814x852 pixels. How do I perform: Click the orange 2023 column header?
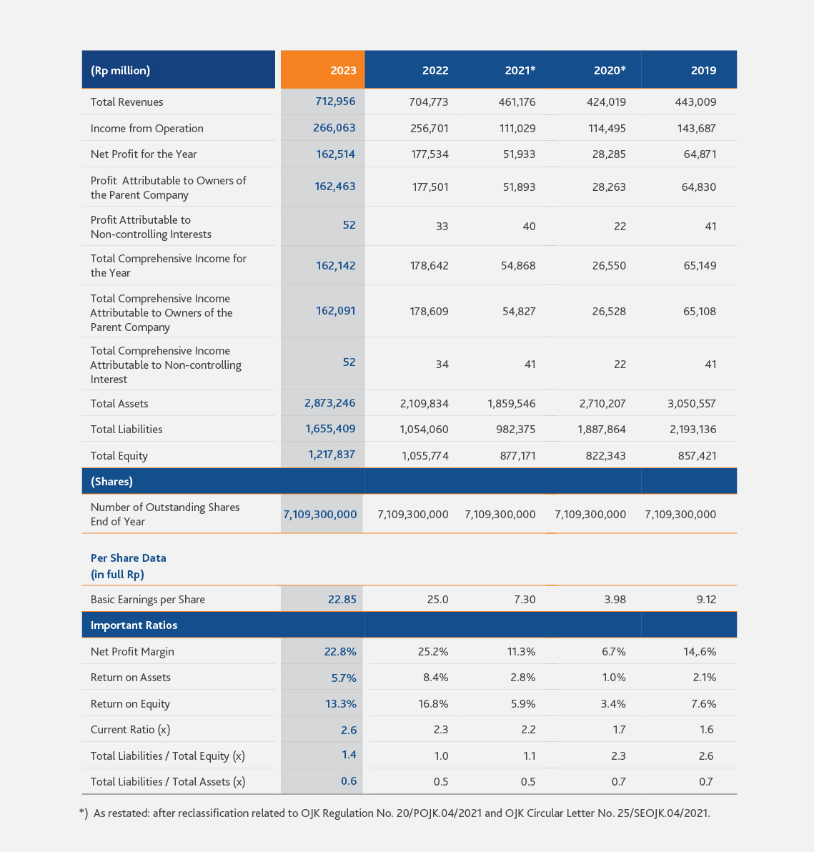click(323, 69)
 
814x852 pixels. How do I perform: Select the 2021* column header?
click(520, 70)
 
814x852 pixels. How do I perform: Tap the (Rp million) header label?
click(121, 71)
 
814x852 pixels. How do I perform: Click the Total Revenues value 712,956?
click(335, 101)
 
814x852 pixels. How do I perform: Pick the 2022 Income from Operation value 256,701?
click(430, 128)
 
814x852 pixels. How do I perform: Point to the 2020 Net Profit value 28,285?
click(609, 154)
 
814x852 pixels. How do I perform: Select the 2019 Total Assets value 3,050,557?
click(692, 404)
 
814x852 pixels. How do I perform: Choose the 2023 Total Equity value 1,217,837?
click(332, 455)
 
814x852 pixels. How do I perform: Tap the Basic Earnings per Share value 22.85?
click(342, 600)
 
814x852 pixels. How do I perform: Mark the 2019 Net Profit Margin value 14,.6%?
click(700, 651)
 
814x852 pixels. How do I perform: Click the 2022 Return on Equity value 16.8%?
click(433, 703)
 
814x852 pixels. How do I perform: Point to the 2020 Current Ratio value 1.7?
click(620, 730)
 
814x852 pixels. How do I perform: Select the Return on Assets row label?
click(130, 678)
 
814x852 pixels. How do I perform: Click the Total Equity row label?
click(119, 456)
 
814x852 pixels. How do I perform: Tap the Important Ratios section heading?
click(134, 625)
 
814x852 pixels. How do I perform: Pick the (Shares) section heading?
click(112, 482)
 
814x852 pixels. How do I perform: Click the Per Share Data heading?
click(128, 558)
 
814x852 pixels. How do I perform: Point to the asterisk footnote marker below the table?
click(82, 812)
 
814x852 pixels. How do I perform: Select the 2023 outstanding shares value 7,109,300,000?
click(320, 514)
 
